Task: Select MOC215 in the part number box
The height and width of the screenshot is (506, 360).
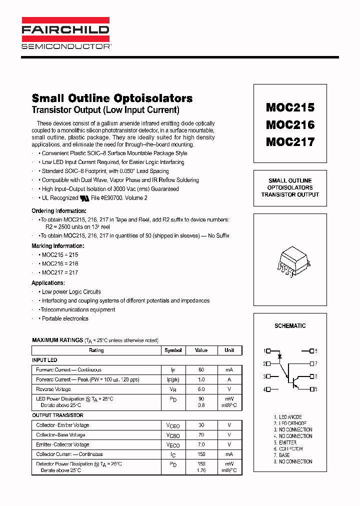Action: tap(290, 107)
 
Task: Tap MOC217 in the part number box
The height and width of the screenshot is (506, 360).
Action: tap(290, 142)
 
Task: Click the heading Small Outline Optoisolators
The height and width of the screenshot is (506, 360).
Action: tap(112, 98)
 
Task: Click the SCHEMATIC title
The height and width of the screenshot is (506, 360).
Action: tap(290, 326)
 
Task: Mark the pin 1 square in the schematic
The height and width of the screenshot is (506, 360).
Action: tap(268, 351)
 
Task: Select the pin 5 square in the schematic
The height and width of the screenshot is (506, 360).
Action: tap(312, 388)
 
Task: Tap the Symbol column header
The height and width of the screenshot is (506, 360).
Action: tap(173, 350)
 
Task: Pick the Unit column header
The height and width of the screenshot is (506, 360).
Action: tap(229, 350)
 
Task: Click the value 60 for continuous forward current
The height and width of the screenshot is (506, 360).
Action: tap(201, 370)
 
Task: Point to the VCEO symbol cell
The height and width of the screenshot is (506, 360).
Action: tap(173, 425)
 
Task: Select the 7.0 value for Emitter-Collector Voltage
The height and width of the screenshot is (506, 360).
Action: tap(201, 444)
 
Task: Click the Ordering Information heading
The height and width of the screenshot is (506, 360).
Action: tap(59, 211)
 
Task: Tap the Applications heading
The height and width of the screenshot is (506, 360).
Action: tap(48, 283)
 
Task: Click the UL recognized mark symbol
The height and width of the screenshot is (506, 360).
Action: tap(84, 198)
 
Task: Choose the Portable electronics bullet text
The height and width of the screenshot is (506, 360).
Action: tap(65, 318)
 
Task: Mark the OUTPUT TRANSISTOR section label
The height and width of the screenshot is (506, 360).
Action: tap(57, 415)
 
